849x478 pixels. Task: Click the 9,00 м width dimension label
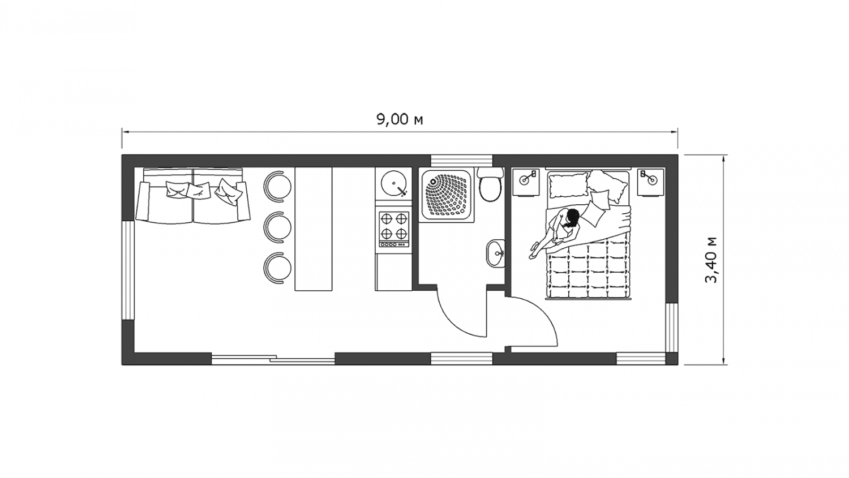[400, 119]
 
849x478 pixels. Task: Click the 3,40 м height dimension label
[711, 260]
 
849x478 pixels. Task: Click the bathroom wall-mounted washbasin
[496, 253]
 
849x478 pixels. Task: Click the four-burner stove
[395, 229]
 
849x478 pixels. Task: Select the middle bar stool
[278, 226]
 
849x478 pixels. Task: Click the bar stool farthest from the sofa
[278, 268]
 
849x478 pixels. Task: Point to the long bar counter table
[314, 229]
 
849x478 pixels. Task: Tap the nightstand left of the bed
[526, 182]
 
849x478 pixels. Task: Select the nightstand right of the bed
[650, 182]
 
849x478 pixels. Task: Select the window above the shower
[461, 161]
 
